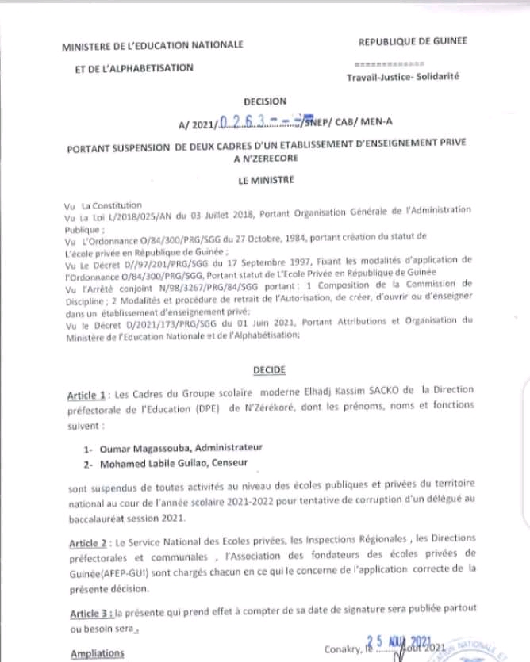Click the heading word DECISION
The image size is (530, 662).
[x=266, y=102]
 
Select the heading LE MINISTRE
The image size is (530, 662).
[x=266, y=180]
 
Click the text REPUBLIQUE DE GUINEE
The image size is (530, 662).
[x=413, y=40]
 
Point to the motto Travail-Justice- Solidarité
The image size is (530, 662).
[x=402, y=77]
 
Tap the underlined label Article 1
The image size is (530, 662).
[x=87, y=396]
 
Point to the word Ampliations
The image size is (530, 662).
[x=98, y=653]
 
